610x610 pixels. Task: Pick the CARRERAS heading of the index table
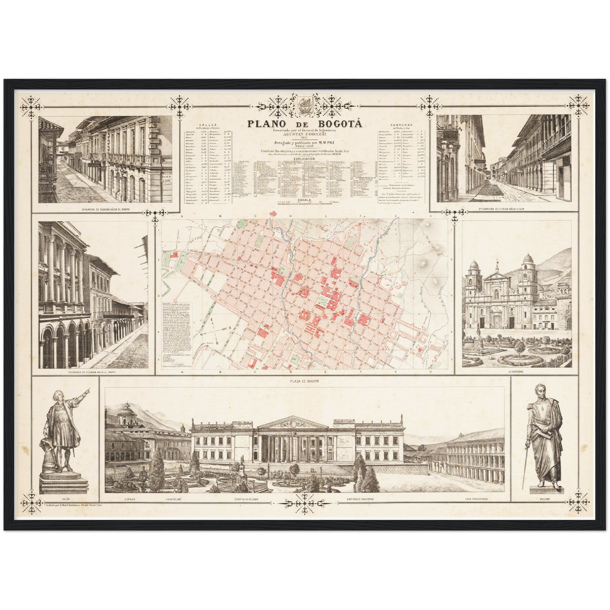click(401, 125)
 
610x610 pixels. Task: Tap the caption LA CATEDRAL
click(516, 372)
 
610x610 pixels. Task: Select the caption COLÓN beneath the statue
click(65, 499)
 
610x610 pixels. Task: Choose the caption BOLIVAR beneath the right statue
click(545, 499)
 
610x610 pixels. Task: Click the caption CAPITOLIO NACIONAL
click(360, 499)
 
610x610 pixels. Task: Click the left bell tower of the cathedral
click(472, 274)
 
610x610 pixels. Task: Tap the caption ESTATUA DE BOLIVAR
click(247, 499)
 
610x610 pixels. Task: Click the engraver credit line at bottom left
click(74, 504)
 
